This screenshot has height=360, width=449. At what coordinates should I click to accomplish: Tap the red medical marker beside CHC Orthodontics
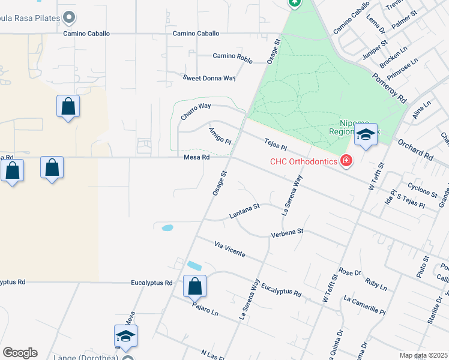346,160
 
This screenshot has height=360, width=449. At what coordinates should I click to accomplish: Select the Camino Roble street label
232,56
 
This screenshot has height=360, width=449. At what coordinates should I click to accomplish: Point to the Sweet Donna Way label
209,78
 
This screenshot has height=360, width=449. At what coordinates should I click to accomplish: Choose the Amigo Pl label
220,135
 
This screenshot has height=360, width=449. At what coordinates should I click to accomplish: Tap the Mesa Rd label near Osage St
197,158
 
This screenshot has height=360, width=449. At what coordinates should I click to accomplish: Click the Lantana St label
244,211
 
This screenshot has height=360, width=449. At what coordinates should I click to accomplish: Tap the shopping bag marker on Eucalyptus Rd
194,286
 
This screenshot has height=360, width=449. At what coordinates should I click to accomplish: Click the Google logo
20,353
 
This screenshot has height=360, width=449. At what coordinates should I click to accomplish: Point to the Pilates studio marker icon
69,17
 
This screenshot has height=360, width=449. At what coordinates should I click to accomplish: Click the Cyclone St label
422,190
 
